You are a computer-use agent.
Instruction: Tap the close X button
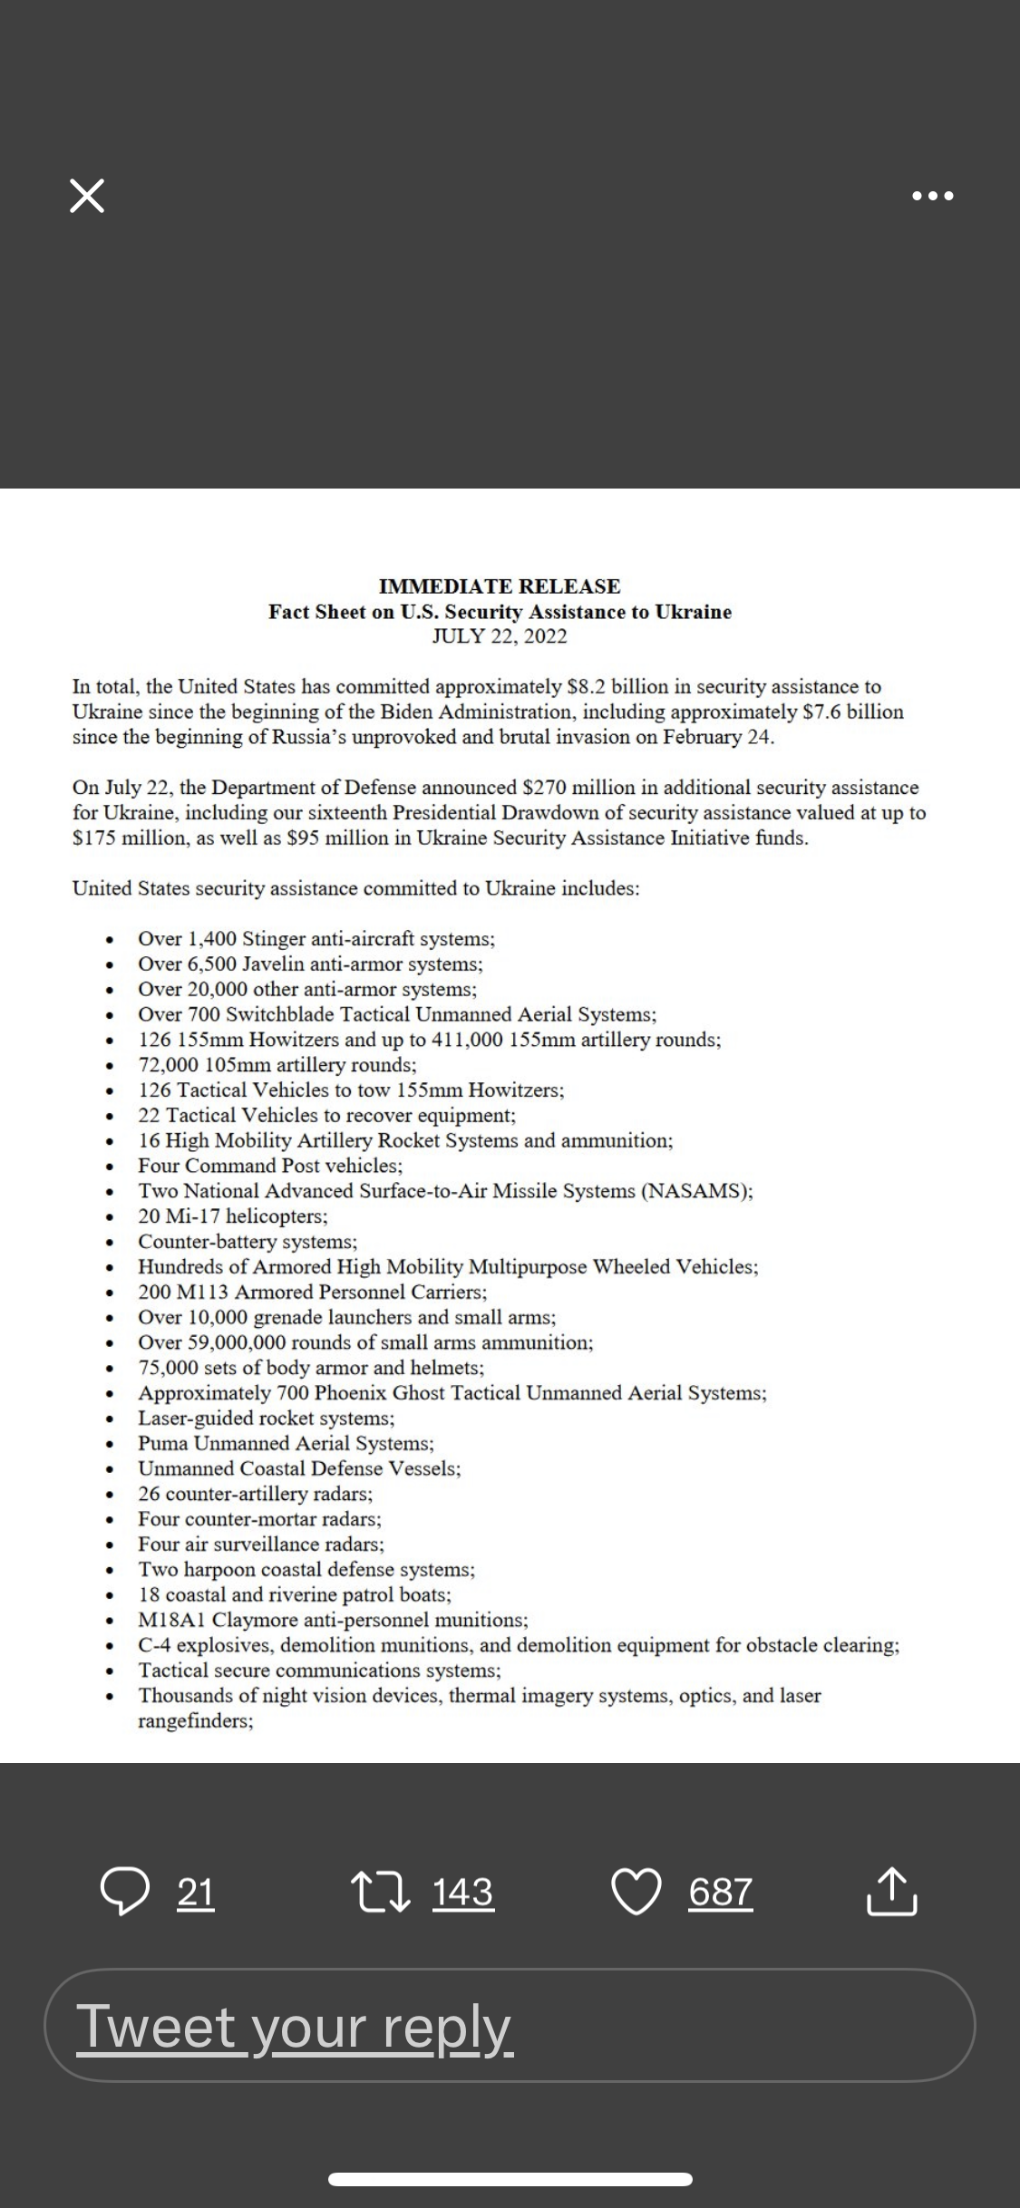(87, 196)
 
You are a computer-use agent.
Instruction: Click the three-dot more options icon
(933, 196)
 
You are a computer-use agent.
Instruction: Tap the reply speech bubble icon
(124, 1893)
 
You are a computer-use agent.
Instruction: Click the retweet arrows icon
(381, 1893)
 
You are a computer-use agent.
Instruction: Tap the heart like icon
(636, 1893)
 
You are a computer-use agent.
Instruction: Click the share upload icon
(892, 1893)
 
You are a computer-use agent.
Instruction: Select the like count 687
(721, 1893)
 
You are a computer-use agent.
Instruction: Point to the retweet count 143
(463, 1893)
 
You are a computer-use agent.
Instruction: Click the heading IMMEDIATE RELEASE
(500, 586)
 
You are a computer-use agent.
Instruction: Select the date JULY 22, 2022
(500, 636)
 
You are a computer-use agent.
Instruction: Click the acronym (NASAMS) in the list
(696, 1191)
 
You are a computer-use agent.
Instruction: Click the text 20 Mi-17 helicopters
(233, 1216)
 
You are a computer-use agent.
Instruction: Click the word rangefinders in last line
(195, 1721)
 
